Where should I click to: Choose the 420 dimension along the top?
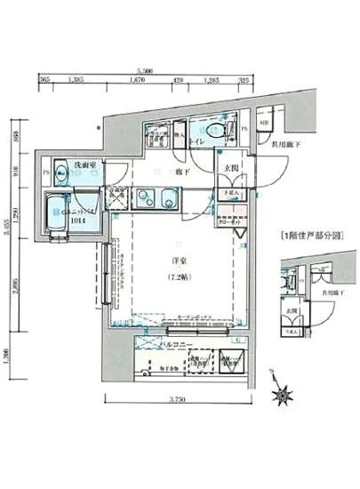coord(179,81)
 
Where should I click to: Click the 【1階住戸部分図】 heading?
coord(308,236)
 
